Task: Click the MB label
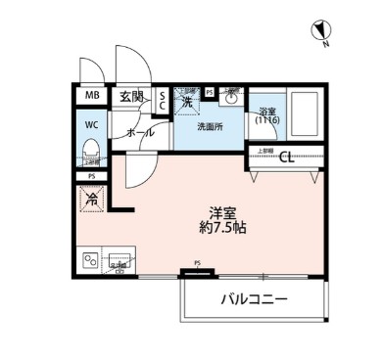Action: click(x=91, y=96)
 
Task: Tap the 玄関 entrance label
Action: click(x=132, y=96)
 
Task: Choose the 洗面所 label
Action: click(x=211, y=126)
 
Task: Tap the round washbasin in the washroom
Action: click(x=232, y=98)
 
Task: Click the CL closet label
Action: click(x=286, y=157)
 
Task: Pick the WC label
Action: click(x=91, y=124)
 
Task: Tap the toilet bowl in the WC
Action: click(x=91, y=150)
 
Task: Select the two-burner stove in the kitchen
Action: click(x=91, y=261)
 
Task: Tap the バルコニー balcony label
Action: click(x=253, y=299)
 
